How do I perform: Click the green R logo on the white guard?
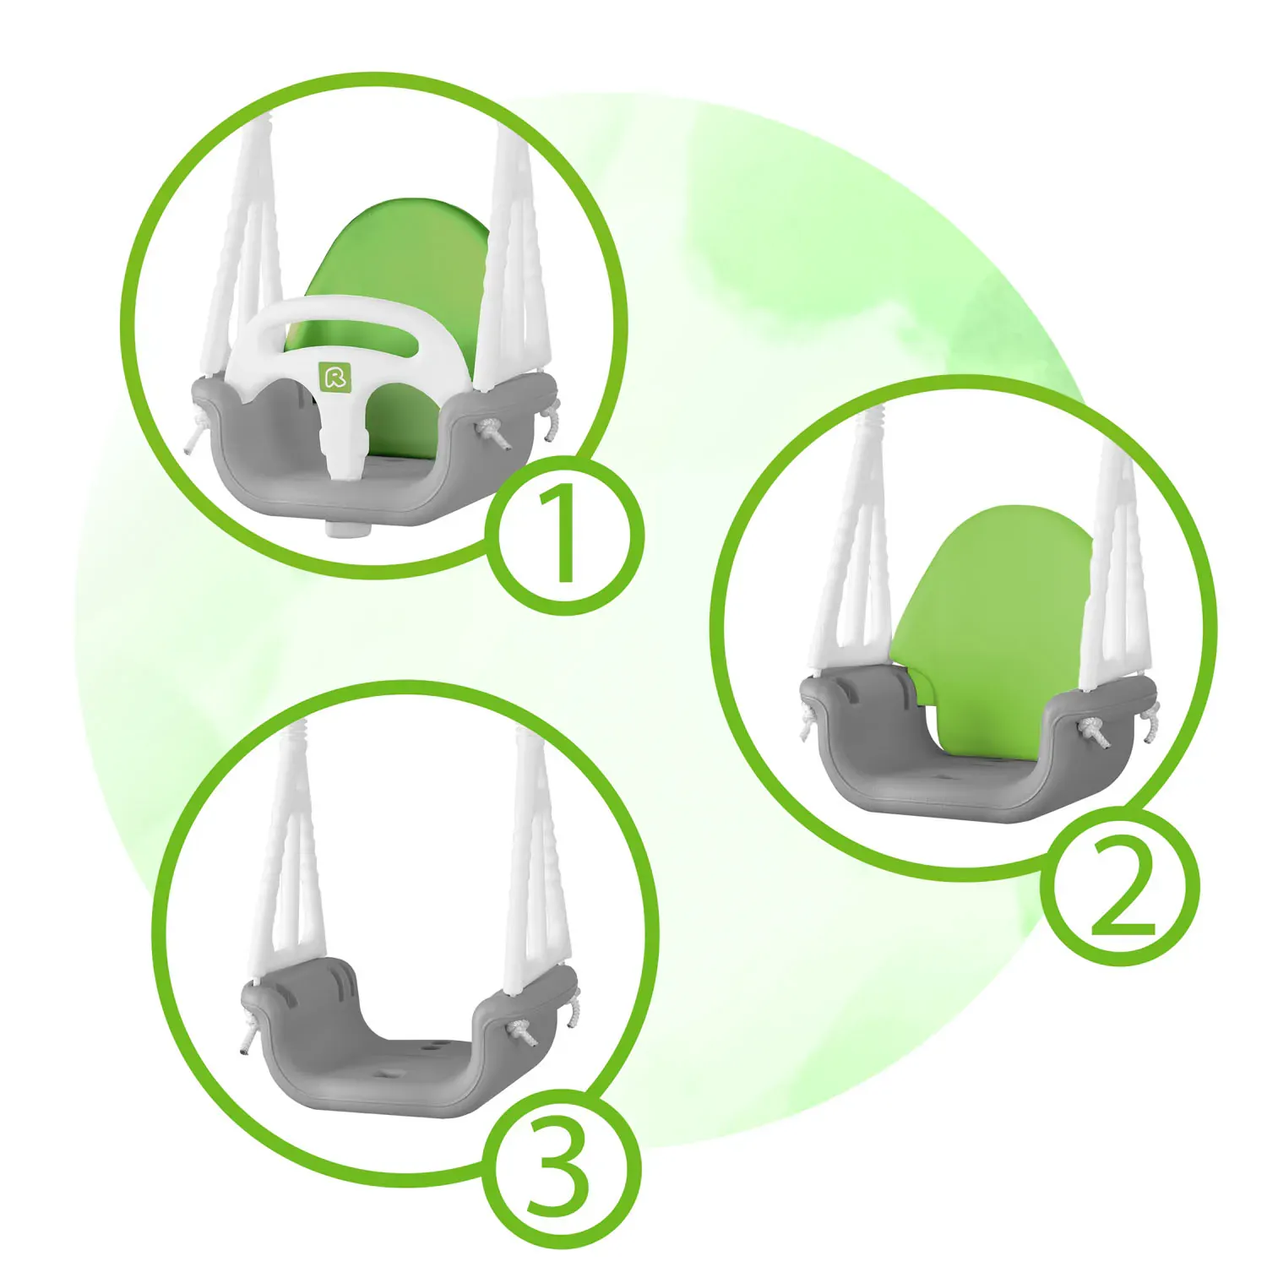(x=335, y=375)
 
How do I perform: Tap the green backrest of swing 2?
(x=997, y=608)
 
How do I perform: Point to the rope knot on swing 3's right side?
(x=519, y=1031)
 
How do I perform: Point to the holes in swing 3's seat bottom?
(x=414, y=1056)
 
